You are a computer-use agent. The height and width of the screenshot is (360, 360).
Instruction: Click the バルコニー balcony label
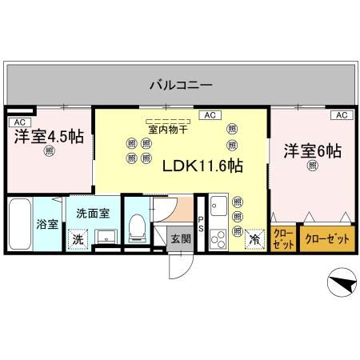tap(180, 84)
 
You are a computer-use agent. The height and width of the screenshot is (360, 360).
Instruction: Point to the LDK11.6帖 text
tap(203, 166)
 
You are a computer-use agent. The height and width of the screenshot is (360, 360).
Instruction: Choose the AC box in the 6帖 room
tap(341, 115)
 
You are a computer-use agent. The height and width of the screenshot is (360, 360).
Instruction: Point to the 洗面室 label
tap(94, 214)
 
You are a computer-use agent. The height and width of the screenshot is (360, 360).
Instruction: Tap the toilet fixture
tap(136, 229)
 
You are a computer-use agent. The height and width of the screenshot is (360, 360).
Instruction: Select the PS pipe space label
tap(201, 225)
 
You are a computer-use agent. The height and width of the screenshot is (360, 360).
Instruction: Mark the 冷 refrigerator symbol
tap(254, 238)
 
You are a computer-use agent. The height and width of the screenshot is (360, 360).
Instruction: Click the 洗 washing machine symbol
tap(78, 238)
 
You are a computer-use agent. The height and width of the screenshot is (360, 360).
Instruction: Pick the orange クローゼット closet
tap(327, 238)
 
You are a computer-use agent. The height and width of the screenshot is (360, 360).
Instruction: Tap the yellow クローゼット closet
tap(283, 238)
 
